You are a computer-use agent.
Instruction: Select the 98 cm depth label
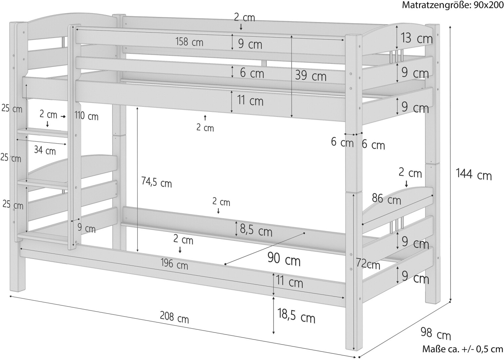point(436,333)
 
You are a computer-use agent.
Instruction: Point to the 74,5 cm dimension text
point(157,182)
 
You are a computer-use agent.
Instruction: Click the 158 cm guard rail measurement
point(189,42)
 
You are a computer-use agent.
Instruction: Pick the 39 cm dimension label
point(311,76)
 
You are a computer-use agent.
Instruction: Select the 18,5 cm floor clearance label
point(296,316)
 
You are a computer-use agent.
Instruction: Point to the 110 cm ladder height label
point(86,116)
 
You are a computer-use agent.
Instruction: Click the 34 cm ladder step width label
point(45,150)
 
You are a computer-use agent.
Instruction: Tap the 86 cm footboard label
point(386,199)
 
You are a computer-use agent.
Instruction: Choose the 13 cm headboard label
point(417,38)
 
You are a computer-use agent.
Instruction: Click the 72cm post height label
point(368,264)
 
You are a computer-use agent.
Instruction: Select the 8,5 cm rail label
point(256,230)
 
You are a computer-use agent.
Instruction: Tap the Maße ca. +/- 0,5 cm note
point(463,349)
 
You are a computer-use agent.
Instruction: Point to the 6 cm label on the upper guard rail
point(252,73)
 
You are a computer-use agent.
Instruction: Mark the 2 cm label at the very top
point(244,18)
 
